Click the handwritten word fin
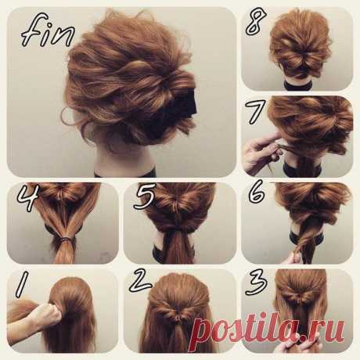(47, 34)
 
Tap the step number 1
(22, 285)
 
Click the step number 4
(27, 199)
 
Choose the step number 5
(144, 198)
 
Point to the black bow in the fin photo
(180, 110)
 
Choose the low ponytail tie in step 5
(178, 230)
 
